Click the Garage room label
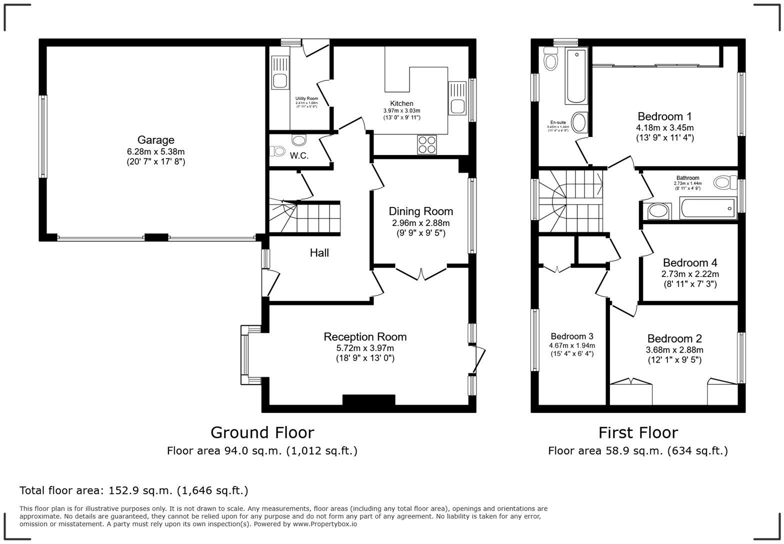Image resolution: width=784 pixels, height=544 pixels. click(156, 140)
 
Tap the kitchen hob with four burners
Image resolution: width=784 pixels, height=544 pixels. click(426, 144)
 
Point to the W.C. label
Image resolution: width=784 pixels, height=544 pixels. click(299, 155)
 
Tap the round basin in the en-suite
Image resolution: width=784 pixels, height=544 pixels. click(579, 122)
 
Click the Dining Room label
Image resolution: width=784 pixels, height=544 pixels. click(420, 211)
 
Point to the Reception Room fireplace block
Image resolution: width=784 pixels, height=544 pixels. click(368, 400)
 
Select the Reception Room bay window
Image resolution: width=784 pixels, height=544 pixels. click(245, 355)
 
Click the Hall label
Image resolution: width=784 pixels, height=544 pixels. click(319, 253)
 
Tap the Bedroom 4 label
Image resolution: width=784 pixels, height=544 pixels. click(689, 262)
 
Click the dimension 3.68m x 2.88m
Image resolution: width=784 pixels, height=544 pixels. click(674, 350)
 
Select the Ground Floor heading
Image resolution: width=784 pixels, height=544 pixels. click(262, 432)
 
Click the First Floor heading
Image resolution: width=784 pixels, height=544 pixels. click(638, 432)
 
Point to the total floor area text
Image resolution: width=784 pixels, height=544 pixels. click(133, 490)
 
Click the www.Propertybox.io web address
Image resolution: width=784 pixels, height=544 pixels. click(324, 524)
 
